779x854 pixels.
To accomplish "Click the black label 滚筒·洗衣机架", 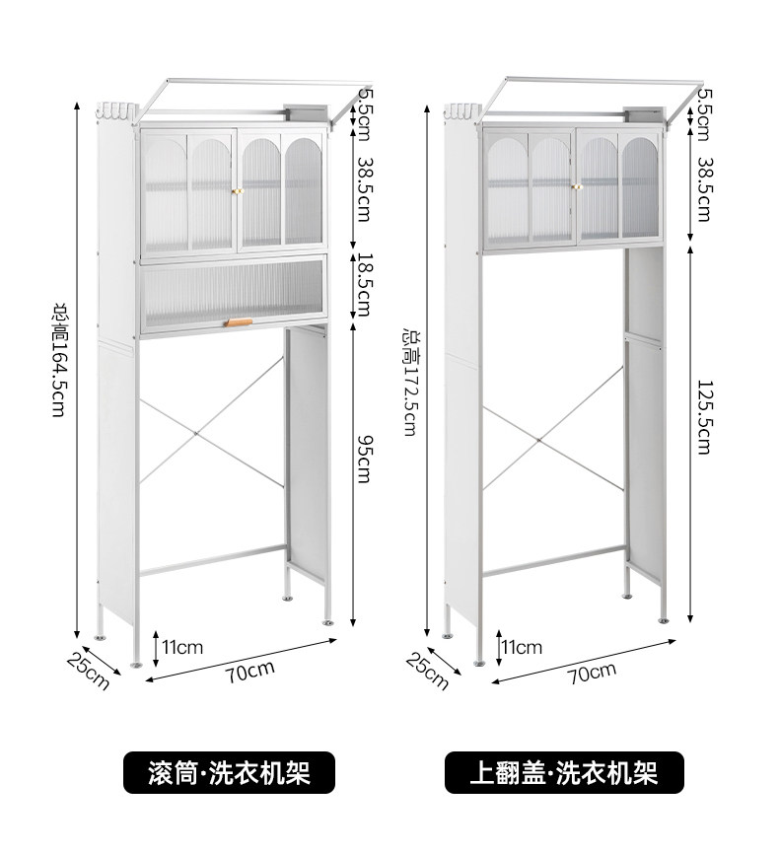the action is pyautogui.click(x=228, y=771).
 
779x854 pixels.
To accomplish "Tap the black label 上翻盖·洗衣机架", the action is pyautogui.click(x=563, y=771).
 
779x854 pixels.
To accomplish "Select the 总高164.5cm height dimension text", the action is pyautogui.click(x=59, y=360).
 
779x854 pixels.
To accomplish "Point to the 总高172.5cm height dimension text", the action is pyautogui.click(x=407, y=383).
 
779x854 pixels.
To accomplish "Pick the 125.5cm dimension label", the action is pyautogui.click(x=703, y=417).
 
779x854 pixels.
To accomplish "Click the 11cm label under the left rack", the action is pyautogui.click(x=182, y=648).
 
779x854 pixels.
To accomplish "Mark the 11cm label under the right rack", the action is pyautogui.click(x=522, y=648).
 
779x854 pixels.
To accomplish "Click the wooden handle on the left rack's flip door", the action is pyautogui.click(x=238, y=321).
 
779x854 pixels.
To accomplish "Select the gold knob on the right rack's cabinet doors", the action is pyautogui.click(x=576, y=185).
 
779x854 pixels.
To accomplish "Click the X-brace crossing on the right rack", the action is pyautogui.click(x=539, y=433).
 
